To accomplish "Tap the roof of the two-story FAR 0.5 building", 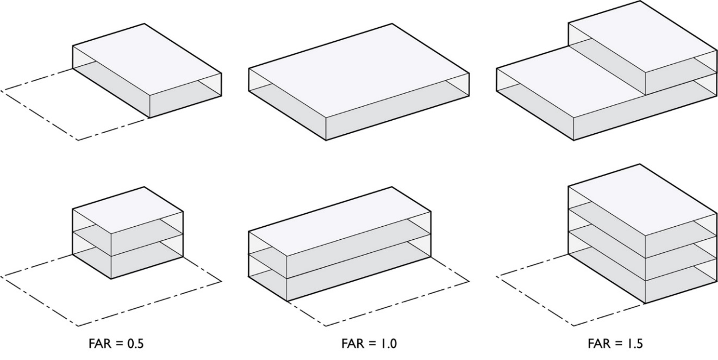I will pos(128,209).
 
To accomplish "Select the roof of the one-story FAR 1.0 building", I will pos(359,71).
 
